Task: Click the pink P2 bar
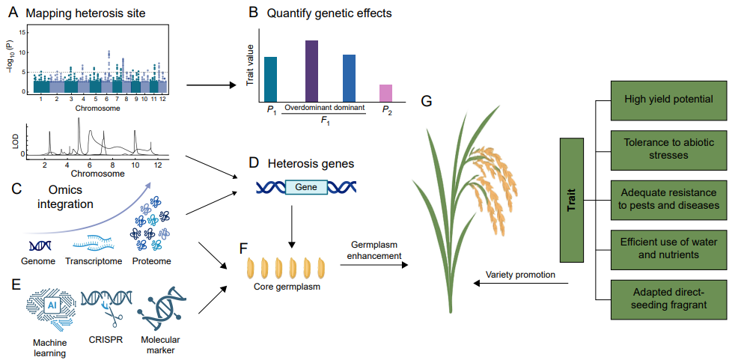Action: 385,93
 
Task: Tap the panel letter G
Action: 427,101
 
